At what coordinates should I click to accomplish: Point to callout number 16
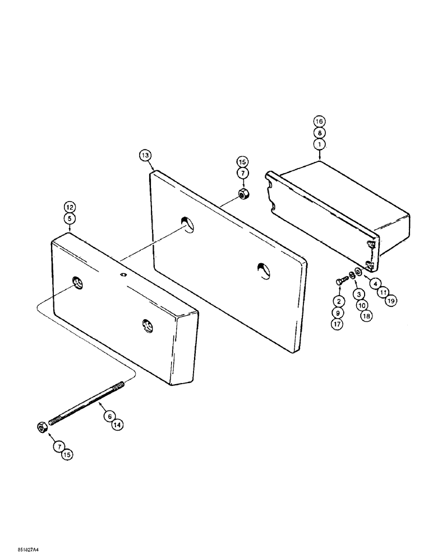319,122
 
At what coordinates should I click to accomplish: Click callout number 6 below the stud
109,416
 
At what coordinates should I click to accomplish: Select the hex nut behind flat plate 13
243,194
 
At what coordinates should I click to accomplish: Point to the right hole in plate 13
262,269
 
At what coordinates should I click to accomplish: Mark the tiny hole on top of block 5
123,274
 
